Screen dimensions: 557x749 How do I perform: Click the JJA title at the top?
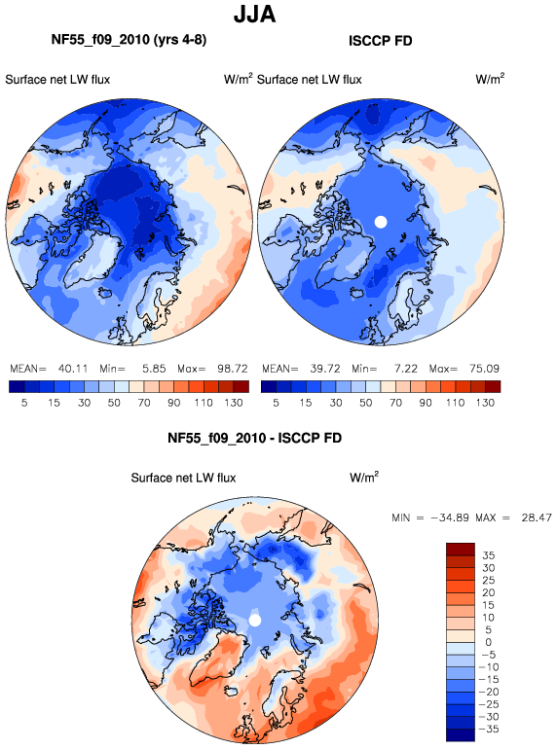254,14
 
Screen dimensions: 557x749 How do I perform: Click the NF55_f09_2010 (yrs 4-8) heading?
129,40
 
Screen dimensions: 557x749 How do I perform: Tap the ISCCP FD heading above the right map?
380,41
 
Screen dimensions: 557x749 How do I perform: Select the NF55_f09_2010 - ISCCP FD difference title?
254,438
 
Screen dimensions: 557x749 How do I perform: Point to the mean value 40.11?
73,369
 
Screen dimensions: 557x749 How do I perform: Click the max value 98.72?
233,369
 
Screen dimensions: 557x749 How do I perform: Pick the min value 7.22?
406,369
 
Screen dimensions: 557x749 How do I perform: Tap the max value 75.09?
484,369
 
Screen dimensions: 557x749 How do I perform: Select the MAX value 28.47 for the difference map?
537,517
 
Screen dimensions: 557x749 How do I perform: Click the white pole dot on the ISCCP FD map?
381,222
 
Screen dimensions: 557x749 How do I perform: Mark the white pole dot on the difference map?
255,620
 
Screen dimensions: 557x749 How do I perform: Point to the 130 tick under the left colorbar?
234,403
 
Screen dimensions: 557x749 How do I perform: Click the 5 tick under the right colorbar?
276,403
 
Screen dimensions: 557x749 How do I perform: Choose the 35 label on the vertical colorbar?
488,555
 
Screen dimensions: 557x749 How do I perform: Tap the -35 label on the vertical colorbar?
488,730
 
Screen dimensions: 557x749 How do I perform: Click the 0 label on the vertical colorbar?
488,642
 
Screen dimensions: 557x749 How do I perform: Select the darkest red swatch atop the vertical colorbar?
461,550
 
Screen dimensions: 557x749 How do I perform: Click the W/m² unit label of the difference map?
364,478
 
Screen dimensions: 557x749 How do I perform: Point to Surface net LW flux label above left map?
57,80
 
